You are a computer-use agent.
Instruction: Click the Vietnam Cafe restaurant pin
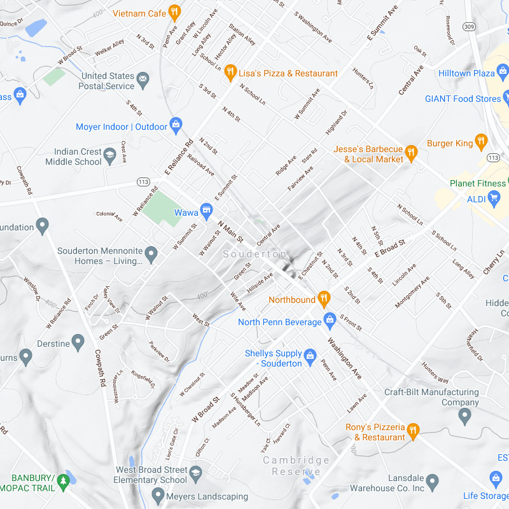pos(174,13)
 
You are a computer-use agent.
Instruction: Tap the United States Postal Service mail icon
pos(143,79)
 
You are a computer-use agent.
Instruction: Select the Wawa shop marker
pos(206,210)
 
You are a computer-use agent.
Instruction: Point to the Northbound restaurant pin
pos(324,298)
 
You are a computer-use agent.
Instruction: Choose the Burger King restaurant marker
pos(482,141)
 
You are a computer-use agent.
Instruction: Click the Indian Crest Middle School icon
pos(110,157)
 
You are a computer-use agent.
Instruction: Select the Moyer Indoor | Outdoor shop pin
pos(176,124)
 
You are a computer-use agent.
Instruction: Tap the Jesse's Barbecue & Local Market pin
pos(411,153)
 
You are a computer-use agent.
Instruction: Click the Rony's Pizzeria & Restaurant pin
pos(413,431)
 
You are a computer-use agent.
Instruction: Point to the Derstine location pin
pos(78,343)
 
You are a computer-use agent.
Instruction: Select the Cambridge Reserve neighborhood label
pos(296,466)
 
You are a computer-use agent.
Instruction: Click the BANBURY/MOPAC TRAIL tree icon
pos(62,481)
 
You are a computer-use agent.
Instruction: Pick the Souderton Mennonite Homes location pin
pos(151,255)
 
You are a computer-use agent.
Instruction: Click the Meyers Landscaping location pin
pos(158,495)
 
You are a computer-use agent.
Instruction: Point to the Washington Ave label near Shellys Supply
pos(344,358)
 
